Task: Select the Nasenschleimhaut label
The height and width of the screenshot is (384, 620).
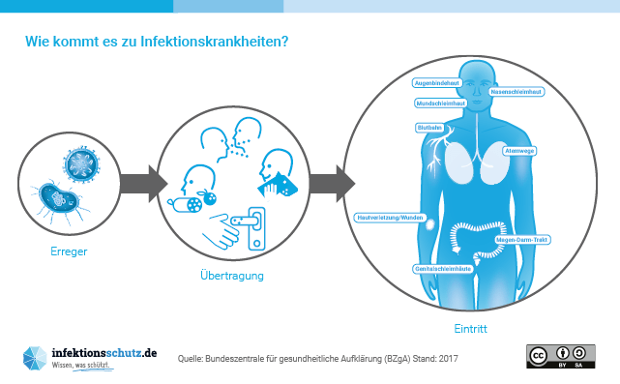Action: [516, 92]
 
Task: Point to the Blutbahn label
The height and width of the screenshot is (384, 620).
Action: [428, 127]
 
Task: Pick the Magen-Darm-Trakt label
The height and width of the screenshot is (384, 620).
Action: [522, 238]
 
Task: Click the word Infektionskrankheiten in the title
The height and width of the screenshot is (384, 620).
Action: [215, 43]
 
